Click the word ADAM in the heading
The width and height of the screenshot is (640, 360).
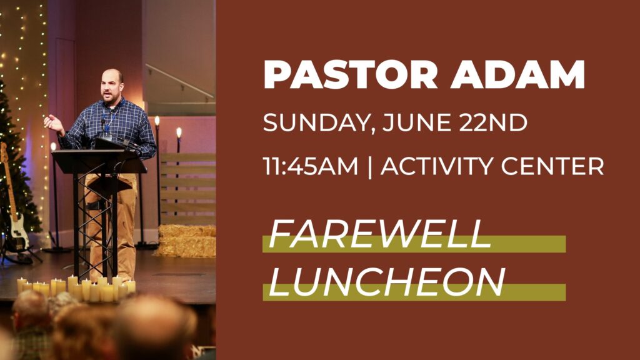(517, 74)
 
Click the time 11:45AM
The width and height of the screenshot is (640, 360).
(310, 166)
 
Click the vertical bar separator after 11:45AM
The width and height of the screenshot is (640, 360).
(369, 167)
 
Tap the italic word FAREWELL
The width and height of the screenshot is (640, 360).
(380, 234)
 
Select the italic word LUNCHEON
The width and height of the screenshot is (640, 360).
(387, 282)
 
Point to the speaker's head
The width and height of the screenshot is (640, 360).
(111, 86)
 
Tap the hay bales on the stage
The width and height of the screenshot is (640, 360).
(186, 241)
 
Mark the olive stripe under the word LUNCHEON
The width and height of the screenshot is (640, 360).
(414, 292)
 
